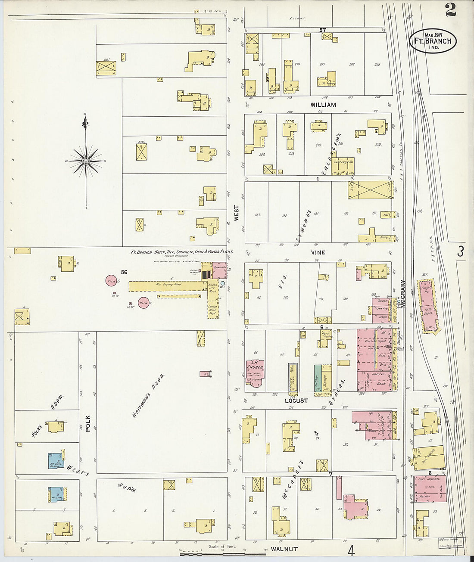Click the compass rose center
click(86, 161)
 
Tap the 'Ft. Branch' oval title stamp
click(432, 41)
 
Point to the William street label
click(323, 105)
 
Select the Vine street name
click(318, 252)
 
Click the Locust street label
click(296, 401)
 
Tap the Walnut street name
click(284, 549)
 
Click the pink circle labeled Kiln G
click(111, 281)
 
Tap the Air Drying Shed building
click(164, 286)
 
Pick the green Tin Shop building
click(318, 378)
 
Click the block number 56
click(124, 272)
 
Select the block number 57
click(322, 30)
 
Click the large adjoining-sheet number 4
click(351, 550)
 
